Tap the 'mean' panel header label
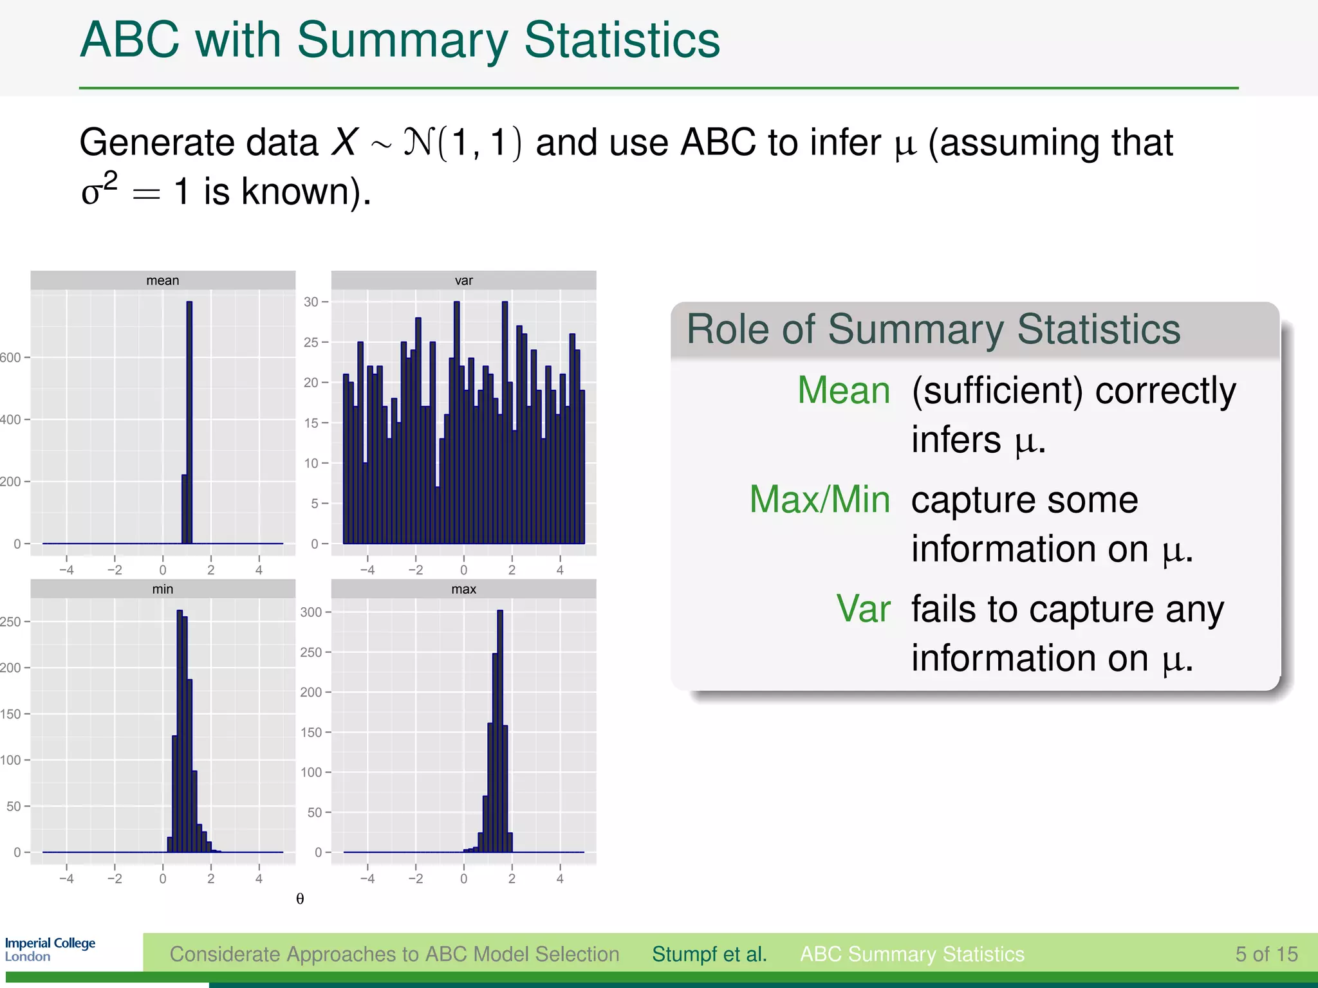click(162, 280)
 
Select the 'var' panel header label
click(463, 280)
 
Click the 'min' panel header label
click(162, 589)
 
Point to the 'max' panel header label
click(463, 589)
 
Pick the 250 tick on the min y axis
click(10, 621)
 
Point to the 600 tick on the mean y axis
click(10, 358)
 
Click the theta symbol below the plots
click(300, 899)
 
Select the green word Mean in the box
click(843, 390)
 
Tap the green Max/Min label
click(819, 500)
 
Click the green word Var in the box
click(862, 608)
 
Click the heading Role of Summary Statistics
click(933, 329)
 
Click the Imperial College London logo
click(50, 949)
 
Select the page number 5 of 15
click(1266, 954)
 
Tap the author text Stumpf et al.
click(709, 954)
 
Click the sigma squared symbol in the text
click(98, 189)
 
